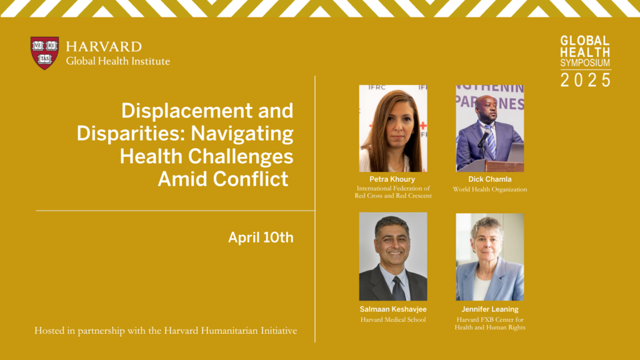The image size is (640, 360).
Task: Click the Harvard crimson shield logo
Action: click(x=44, y=53)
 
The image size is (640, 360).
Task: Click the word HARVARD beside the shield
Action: click(x=104, y=46)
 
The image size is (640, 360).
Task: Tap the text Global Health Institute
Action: click(x=118, y=61)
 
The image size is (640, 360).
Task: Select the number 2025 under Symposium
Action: click(x=585, y=79)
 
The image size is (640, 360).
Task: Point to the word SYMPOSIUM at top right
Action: click(x=585, y=63)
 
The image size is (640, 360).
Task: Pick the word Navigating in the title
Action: click(x=242, y=134)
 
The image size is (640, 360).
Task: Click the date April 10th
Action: click(x=261, y=237)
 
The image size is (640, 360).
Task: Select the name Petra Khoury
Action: click(x=392, y=179)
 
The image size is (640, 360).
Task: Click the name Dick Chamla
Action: click(x=490, y=179)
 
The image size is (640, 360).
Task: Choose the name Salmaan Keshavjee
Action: click(x=393, y=309)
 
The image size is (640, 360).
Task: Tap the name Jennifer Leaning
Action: click(x=490, y=309)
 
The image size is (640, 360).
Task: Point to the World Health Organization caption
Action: click(x=490, y=189)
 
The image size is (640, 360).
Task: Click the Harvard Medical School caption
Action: click(x=393, y=319)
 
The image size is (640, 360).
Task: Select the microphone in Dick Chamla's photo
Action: click(x=483, y=139)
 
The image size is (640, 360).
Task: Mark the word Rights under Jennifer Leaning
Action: click(x=515, y=327)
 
